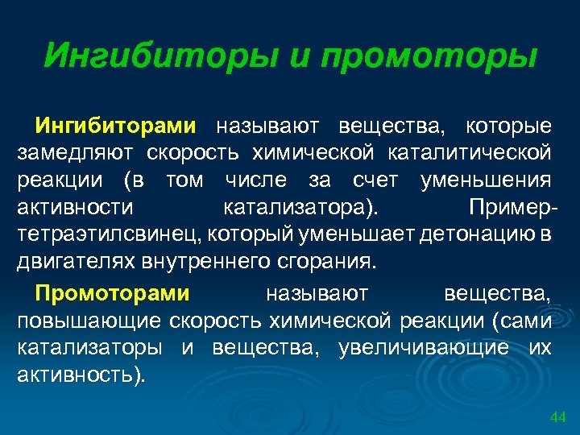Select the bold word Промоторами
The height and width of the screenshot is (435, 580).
[x=112, y=292]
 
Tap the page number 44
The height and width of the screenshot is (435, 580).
[x=557, y=417]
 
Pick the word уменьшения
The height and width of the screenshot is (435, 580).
[x=486, y=180]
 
